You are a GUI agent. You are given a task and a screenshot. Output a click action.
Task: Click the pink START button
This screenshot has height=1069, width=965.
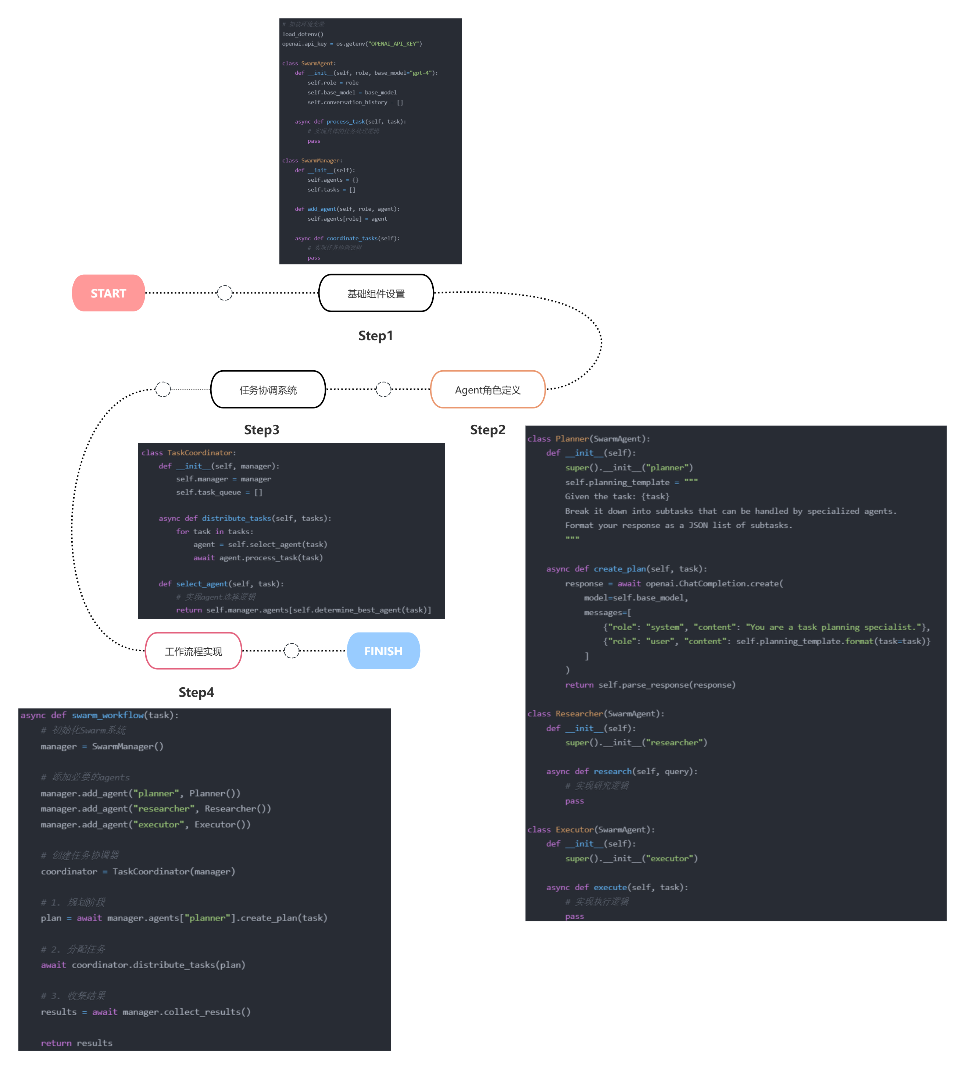pos(108,293)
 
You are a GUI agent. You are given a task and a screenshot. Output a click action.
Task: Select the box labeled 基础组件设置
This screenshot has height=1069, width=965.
pos(376,293)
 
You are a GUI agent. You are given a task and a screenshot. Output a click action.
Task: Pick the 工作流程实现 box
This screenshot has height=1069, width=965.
pos(193,651)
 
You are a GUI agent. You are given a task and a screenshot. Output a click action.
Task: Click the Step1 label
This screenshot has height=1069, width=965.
pos(375,336)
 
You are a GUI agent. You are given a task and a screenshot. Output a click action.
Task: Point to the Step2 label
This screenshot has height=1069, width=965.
pos(487,430)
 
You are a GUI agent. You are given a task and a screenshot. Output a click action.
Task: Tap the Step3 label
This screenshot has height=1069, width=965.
pos(261,430)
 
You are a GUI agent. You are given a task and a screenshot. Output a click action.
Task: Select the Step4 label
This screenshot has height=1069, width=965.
pos(196,692)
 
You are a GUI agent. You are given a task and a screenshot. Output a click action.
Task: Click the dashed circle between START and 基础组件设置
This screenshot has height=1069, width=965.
pos(225,293)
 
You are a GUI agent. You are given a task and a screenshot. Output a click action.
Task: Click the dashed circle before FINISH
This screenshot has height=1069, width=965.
pos(292,651)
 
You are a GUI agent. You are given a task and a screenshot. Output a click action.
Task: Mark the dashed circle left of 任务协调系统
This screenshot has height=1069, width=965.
pos(163,389)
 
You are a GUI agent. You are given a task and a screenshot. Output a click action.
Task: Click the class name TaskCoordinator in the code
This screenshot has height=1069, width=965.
pos(200,453)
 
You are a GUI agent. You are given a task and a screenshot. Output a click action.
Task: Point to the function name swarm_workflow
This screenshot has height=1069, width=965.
pos(108,715)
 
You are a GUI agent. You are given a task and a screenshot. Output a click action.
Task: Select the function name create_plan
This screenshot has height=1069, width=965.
pos(619,569)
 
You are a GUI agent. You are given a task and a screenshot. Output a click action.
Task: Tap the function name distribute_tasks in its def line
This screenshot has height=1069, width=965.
pos(236,519)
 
